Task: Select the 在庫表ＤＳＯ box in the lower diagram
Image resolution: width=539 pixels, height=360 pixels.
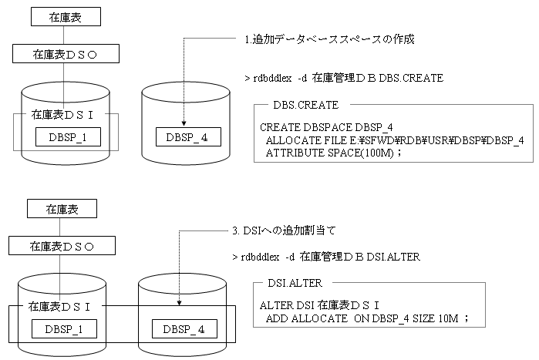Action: point(62,247)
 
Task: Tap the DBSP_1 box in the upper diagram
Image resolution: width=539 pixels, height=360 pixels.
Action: point(69,139)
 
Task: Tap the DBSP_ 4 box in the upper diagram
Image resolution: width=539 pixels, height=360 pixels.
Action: point(187,138)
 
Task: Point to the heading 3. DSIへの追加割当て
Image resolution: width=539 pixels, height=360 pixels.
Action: point(284,230)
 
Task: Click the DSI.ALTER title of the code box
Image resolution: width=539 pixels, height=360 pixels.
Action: point(300,284)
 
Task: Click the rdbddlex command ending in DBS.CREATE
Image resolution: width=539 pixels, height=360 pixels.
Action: point(343,79)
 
